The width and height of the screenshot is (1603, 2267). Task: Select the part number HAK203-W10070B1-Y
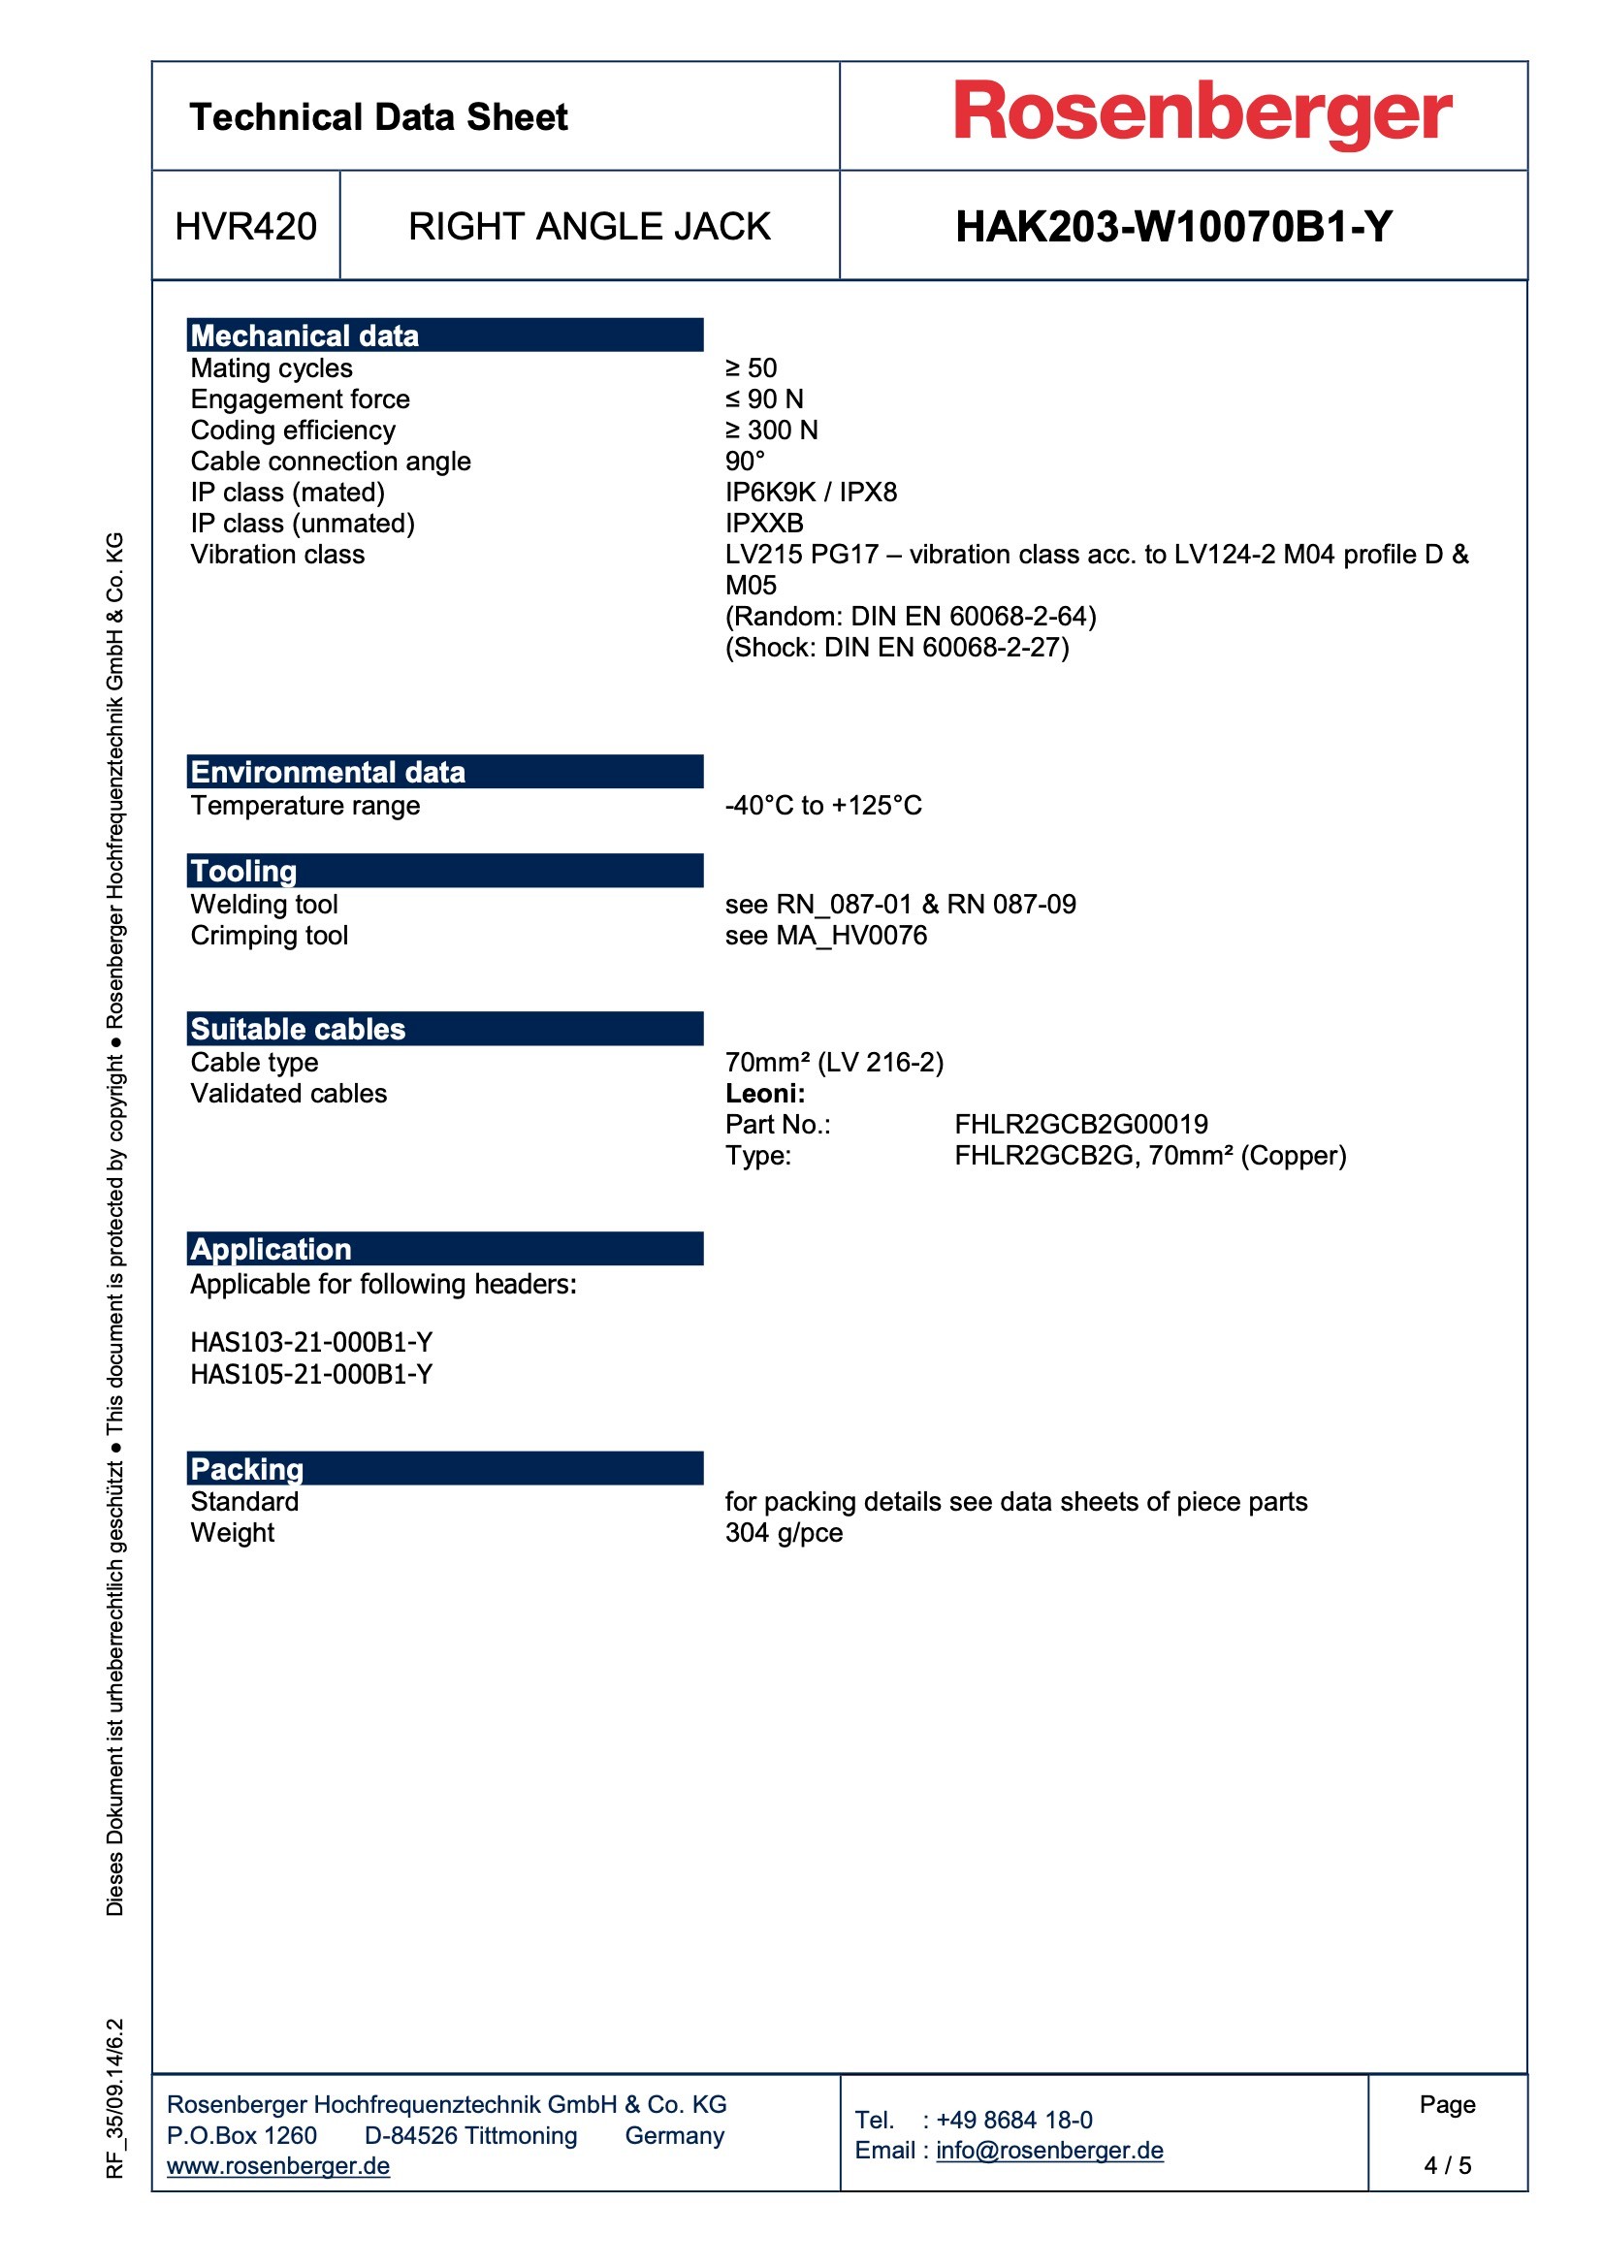[1173, 227]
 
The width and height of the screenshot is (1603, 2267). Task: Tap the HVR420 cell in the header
[245, 227]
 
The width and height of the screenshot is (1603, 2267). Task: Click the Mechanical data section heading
[305, 335]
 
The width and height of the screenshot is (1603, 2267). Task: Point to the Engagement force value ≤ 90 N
[763, 399]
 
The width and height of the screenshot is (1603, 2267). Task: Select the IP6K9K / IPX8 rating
[810, 492]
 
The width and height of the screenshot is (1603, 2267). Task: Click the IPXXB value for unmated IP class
[763, 524]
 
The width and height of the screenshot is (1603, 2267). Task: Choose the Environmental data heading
[327, 772]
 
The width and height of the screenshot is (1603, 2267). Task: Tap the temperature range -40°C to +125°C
[822, 806]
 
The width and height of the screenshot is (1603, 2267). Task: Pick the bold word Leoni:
[764, 1093]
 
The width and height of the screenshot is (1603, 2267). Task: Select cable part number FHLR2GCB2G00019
[1080, 1125]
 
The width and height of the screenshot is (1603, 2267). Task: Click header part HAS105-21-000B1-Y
[311, 1374]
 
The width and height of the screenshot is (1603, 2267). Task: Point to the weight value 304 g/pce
[784, 1532]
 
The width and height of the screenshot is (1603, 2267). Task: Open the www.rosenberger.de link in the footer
[277, 2165]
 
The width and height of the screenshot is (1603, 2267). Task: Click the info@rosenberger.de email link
[1049, 2151]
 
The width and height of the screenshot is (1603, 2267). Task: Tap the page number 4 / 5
[1446, 2165]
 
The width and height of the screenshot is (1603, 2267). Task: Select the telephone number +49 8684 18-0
[1013, 2120]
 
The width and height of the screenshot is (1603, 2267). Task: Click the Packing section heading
[247, 1469]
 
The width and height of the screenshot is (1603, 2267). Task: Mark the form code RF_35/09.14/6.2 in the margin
[115, 2097]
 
